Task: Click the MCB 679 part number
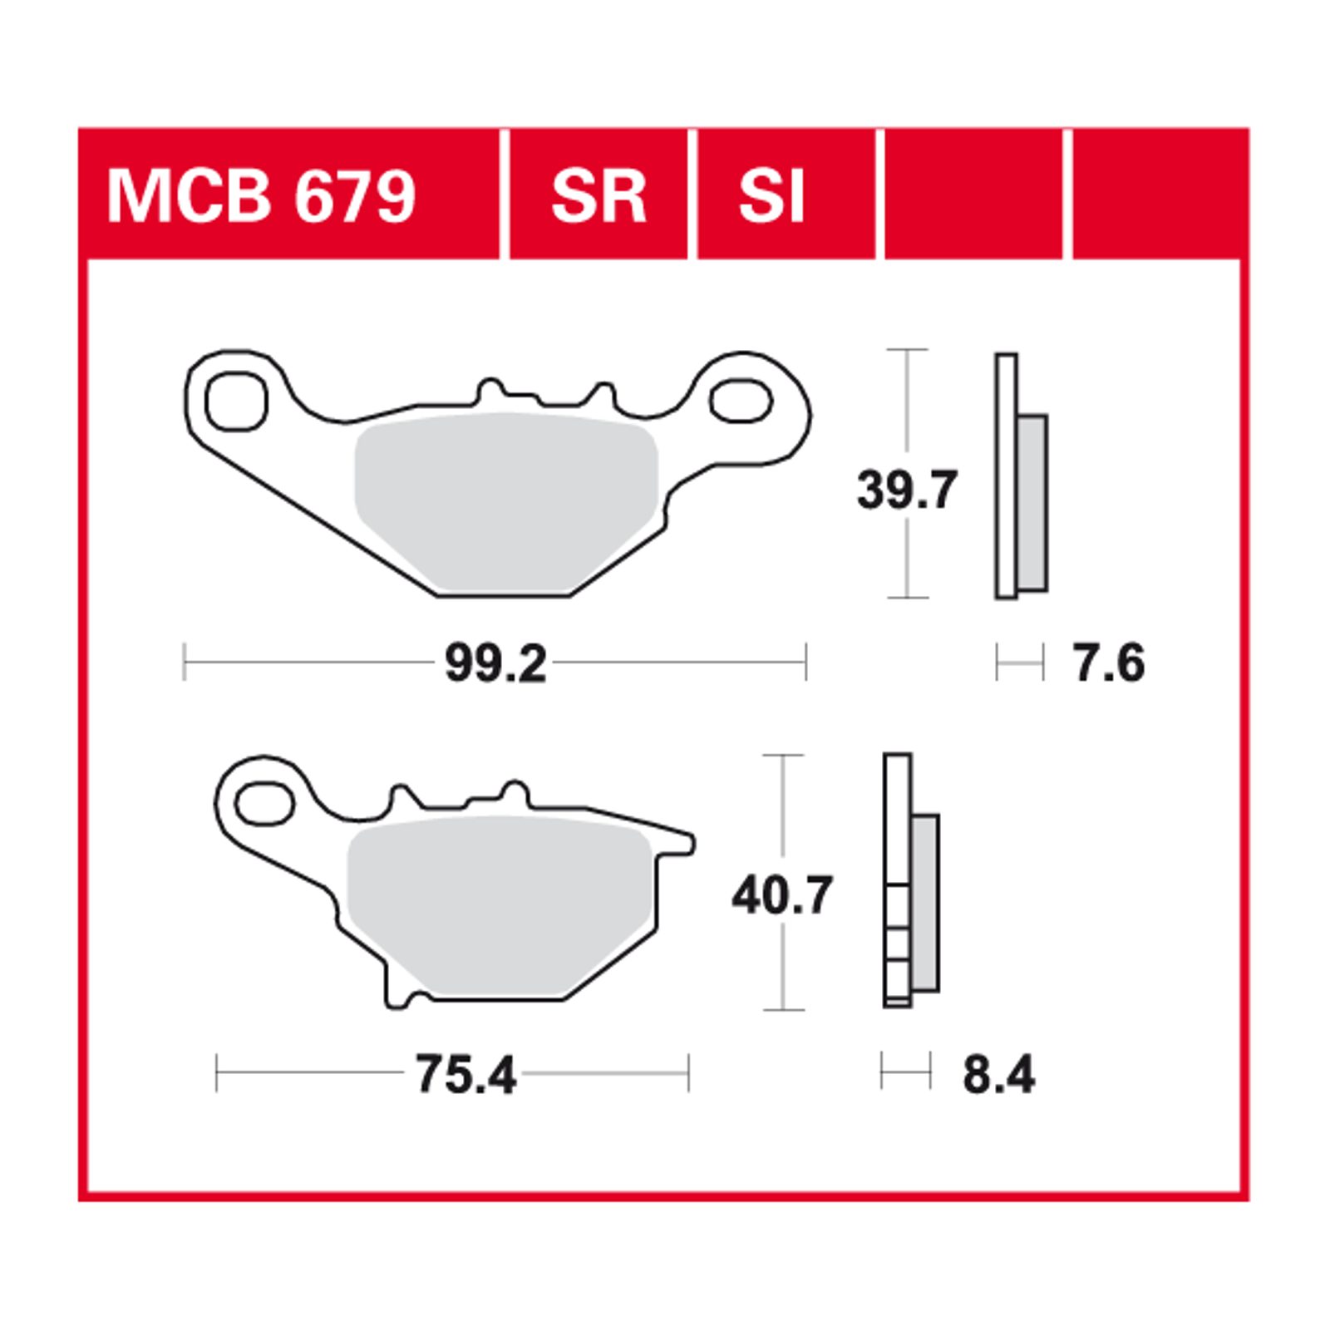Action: pyautogui.click(x=261, y=196)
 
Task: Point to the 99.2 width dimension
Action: pyautogui.click(x=495, y=664)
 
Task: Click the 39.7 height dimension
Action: pyautogui.click(x=907, y=490)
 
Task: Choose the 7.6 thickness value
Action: pyautogui.click(x=1109, y=664)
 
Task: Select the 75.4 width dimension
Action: pyautogui.click(x=465, y=1075)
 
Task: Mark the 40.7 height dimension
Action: pyautogui.click(x=782, y=896)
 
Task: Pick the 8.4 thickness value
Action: pyautogui.click(x=998, y=1075)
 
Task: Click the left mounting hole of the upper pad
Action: pyautogui.click(x=236, y=402)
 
